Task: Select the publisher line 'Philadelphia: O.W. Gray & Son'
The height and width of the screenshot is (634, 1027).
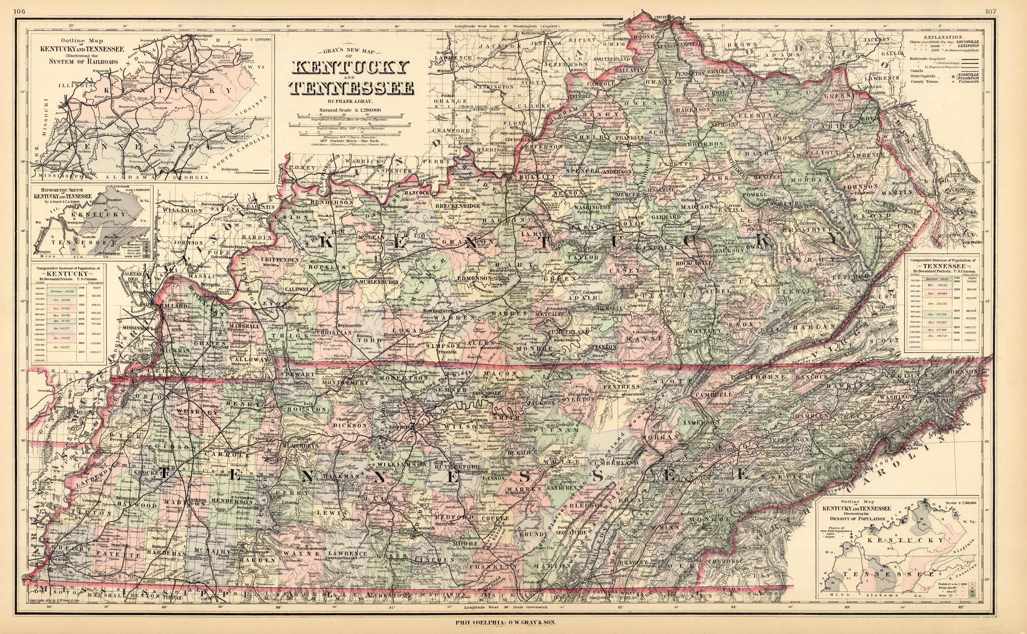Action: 506,623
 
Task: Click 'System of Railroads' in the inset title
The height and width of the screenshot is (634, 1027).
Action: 84,61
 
